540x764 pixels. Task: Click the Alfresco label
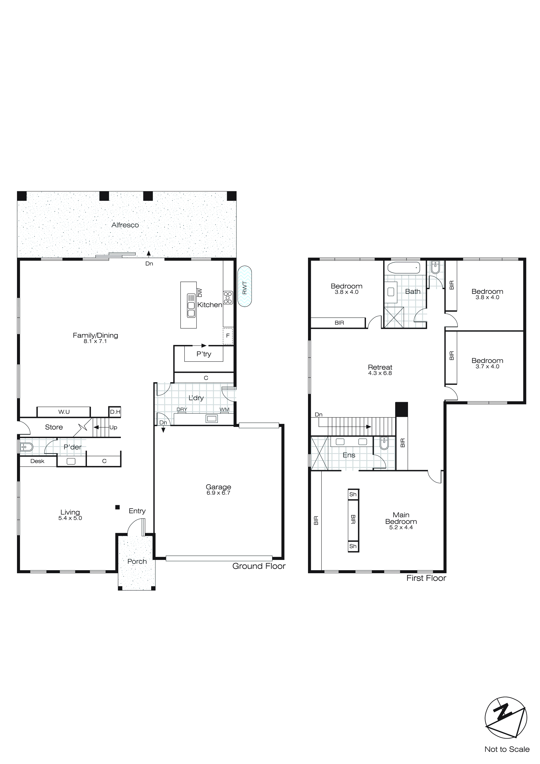125,225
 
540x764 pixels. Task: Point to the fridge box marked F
228,336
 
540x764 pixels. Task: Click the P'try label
203,354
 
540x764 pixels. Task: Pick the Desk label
37,461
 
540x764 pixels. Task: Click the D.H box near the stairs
115,412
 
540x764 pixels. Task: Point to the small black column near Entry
117,507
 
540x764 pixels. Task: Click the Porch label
137,561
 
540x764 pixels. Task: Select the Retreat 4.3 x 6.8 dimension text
380,373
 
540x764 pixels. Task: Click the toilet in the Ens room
384,443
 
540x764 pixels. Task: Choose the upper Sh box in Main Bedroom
353,495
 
